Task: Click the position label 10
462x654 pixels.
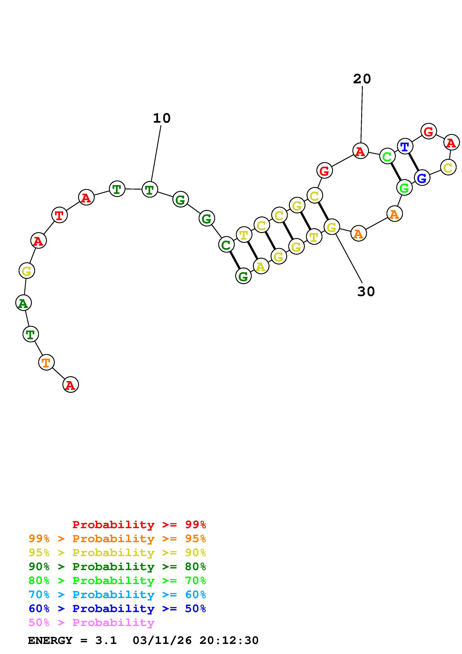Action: pyautogui.click(x=162, y=118)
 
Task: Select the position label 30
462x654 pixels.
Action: pyautogui.click(x=366, y=291)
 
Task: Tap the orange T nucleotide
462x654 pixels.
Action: pyautogui.click(x=46, y=362)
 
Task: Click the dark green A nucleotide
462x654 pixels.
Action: pyautogui.click(x=23, y=303)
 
